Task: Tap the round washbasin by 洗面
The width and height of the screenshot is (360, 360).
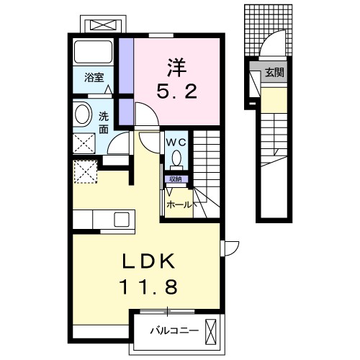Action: [x=82, y=113]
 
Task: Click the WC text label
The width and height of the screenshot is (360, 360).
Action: [x=176, y=142]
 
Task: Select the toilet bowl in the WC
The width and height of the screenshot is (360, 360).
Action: [x=177, y=158]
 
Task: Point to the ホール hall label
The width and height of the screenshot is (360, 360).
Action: [x=180, y=204]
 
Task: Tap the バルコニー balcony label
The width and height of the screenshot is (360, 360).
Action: [x=170, y=331]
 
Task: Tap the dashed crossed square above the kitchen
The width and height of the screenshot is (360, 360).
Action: [x=85, y=172]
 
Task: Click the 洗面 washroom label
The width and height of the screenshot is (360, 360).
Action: [x=104, y=122]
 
